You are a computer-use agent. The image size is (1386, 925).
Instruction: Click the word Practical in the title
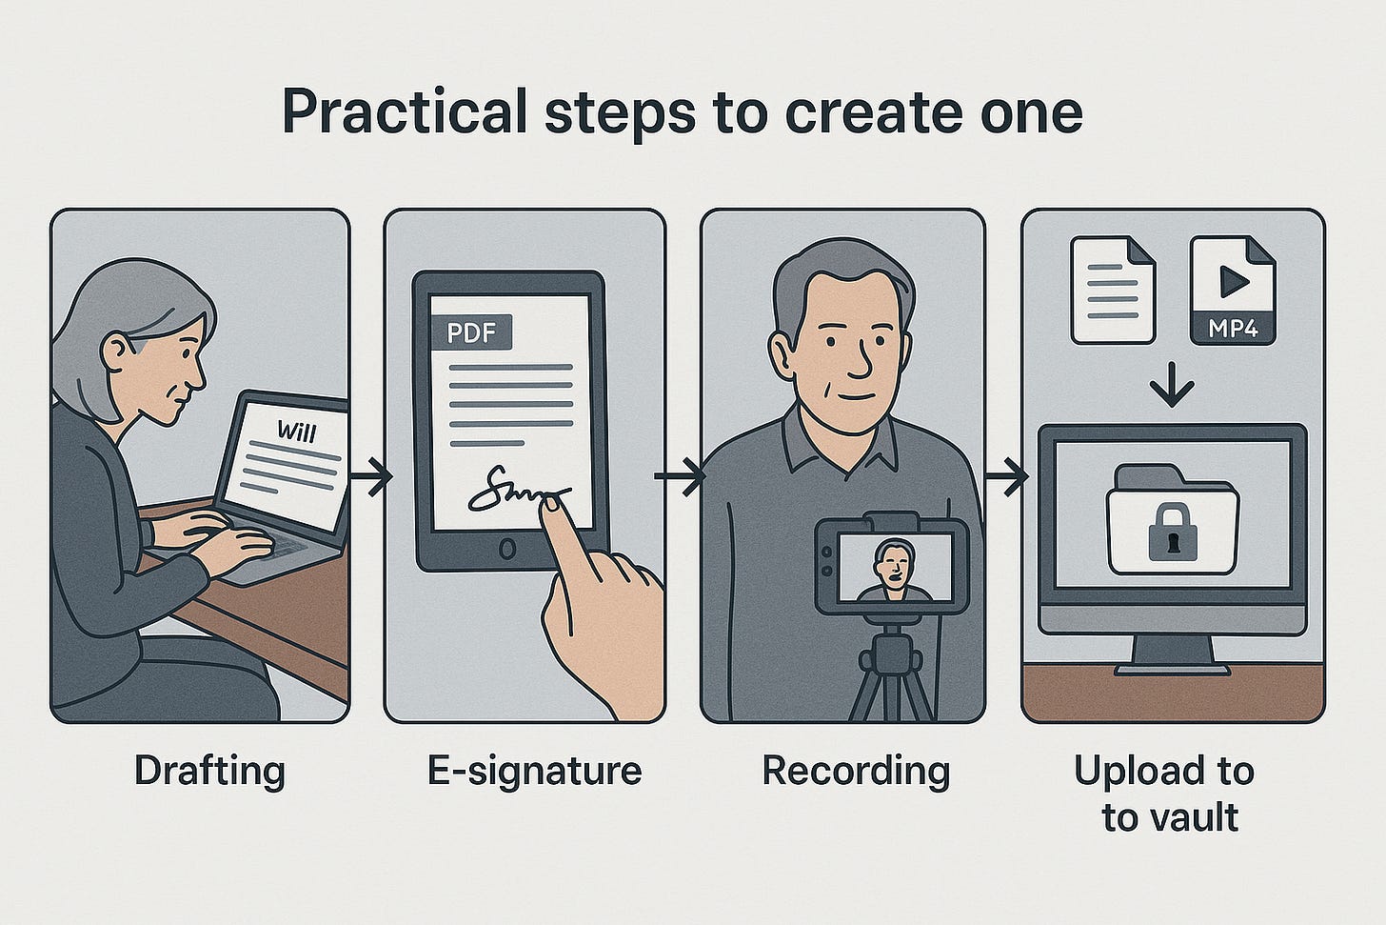[x=405, y=112]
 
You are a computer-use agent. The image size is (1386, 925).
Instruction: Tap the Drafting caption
[x=209, y=773]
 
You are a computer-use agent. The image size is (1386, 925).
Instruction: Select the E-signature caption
[x=535, y=773]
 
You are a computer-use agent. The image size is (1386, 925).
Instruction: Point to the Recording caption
[x=856, y=773]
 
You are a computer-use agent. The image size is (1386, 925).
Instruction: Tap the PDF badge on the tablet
[x=471, y=333]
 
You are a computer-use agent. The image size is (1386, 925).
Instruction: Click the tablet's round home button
[x=507, y=549]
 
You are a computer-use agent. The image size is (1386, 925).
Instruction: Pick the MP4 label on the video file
[x=1233, y=328]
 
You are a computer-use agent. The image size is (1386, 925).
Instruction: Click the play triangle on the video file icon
[x=1234, y=281]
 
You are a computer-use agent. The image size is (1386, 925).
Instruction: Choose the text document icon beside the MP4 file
[x=1113, y=290]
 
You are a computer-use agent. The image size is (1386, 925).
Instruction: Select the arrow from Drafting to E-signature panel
[x=371, y=476]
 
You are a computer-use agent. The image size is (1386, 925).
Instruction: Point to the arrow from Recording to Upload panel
[x=1007, y=476]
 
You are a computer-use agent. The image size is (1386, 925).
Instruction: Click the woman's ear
[x=116, y=352]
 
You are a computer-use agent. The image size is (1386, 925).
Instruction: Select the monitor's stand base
[x=1173, y=670]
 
